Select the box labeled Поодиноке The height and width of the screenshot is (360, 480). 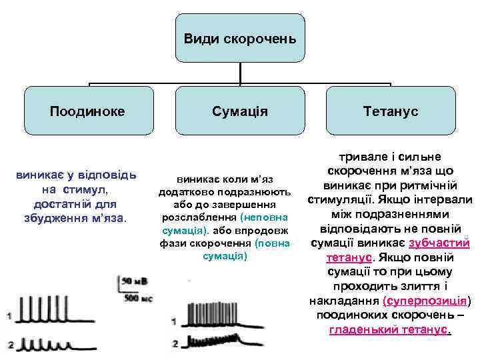87,111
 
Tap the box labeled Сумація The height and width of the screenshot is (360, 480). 239,111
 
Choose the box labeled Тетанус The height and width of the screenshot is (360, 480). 391,111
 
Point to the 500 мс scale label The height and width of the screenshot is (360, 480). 138,298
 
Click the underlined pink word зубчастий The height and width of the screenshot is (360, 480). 439,243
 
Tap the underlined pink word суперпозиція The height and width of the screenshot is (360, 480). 431,301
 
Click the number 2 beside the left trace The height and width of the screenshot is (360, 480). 9,344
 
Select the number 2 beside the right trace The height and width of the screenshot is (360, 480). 174,344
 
